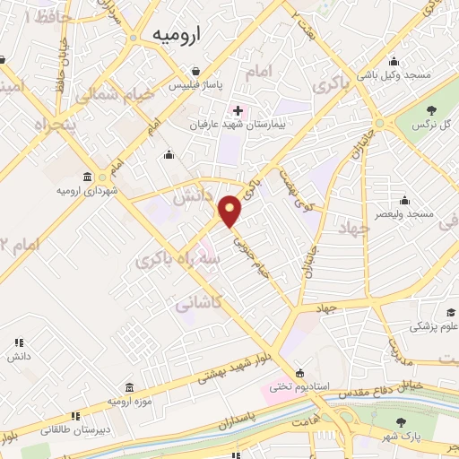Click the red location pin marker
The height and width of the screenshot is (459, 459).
[231, 210]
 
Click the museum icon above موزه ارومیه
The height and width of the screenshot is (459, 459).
[131, 387]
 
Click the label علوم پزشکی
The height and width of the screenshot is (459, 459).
[435, 327]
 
